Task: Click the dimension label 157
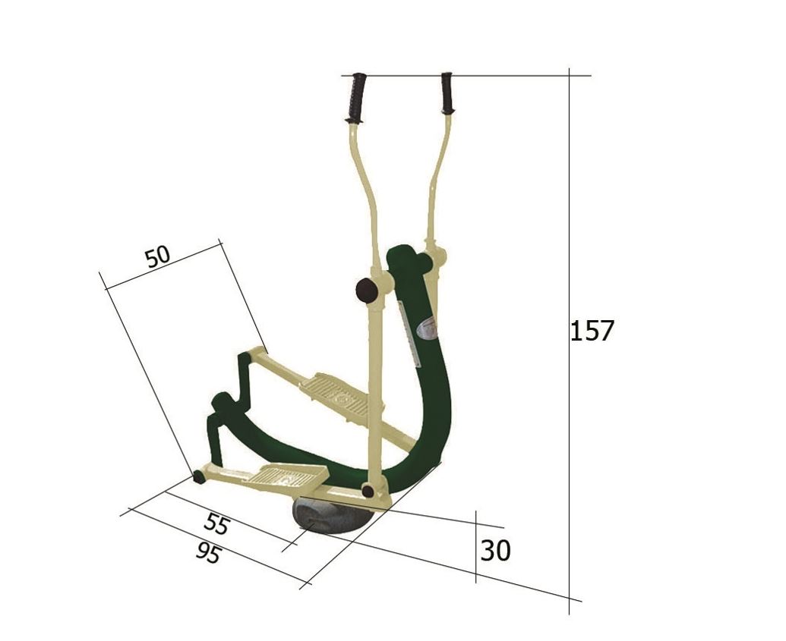point(592,331)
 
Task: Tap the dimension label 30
point(495,551)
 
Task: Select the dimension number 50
point(157,256)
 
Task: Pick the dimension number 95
point(208,553)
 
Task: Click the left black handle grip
point(357,98)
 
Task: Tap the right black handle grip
point(447,93)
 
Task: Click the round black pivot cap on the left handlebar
point(367,291)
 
